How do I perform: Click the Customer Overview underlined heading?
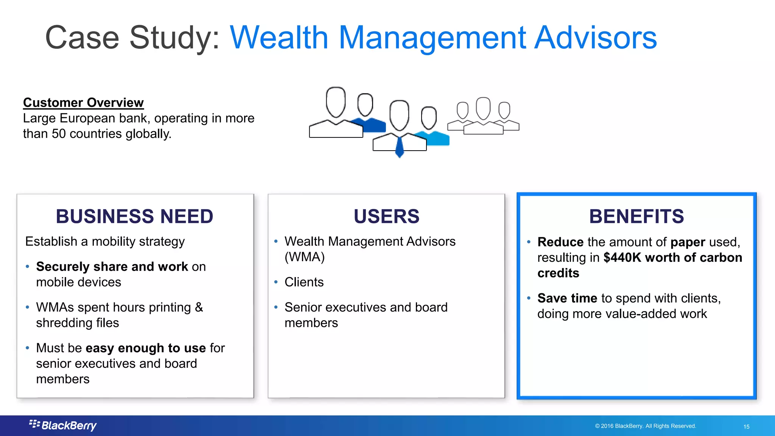83,103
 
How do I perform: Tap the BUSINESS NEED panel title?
134,216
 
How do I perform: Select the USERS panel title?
386,216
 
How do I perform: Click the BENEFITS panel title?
636,216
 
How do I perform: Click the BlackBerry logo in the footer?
63,425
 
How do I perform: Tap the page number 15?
746,427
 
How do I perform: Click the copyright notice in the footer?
646,426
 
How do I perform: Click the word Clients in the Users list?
304,282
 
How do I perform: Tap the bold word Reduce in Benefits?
560,242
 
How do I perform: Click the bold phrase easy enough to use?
146,348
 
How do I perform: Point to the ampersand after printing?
199,307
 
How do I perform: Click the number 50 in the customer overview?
59,134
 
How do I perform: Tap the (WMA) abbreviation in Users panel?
305,257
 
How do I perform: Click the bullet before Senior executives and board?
276,307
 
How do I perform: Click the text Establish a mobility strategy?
105,241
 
